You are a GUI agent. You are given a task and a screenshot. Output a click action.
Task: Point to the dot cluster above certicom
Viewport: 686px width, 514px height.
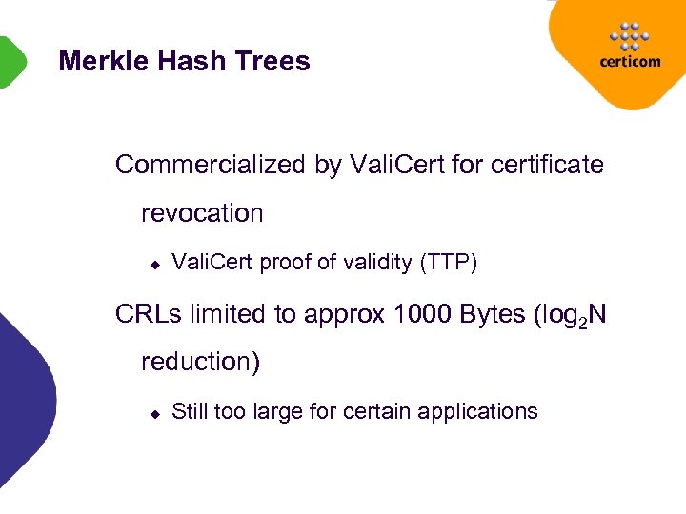629,35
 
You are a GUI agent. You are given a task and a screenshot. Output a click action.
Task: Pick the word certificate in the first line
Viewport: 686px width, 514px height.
547,165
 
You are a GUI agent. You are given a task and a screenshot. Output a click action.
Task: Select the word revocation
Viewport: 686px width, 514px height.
202,213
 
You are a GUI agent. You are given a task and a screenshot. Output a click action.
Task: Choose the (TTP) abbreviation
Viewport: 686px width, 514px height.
449,263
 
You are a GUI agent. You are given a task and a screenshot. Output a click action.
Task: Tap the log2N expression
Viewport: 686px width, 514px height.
571,315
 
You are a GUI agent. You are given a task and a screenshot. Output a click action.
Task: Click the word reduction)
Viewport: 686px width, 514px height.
200,362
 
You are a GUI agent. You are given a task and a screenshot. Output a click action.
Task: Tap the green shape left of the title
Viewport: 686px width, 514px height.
10,62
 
